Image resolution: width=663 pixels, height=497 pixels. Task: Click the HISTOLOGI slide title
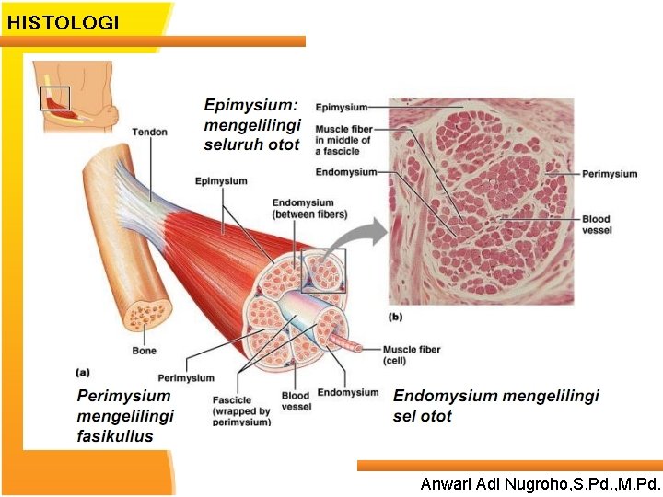pyautogui.click(x=63, y=22)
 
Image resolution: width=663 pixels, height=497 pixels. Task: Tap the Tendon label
pyautogui.click(x=149, y=132)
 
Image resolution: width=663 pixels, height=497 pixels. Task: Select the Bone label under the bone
pyautogui.click(x=144, y=351)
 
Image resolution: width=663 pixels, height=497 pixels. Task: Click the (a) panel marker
pyautogui.click(x=83, y=372)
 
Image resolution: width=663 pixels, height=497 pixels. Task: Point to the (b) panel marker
pyautogui.click(x=396, y=317)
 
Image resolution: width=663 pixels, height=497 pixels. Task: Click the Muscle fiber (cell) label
pyautogui.click(x=412, y=354)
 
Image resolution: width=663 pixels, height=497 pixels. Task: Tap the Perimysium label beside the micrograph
pyautogui.click(x=610, y=173)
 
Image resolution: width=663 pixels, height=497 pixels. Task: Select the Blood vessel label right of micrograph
pyautogui.click(x=596, y=225)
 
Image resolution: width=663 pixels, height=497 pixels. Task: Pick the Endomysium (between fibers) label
pyautogui.click(x=309, y=208)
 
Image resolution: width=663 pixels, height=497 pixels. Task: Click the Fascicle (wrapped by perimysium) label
pyautogui.click(x=241, y=410)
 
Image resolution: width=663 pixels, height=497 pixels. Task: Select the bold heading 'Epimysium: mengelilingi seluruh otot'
pyautogui.click(x=251, y=124)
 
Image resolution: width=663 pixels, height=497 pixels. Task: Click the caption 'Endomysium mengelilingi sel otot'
pyautogui.click(x=495, y=405)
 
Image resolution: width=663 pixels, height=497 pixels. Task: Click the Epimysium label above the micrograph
pyautogui.click(x=342, y=108)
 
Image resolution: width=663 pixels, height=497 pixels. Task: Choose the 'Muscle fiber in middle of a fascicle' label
pyautogui.click(x=343, y=140)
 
